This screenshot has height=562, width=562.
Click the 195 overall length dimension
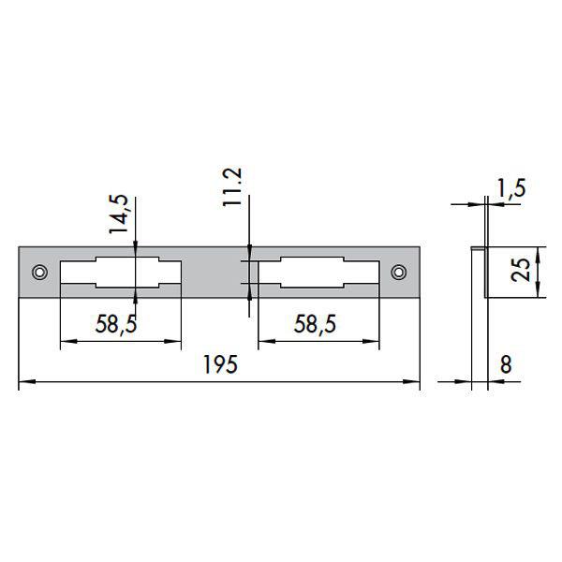[x=220, y=366]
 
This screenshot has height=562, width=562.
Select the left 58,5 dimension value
[x=119, y=325]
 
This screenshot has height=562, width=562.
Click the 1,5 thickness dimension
[x=511, y=187]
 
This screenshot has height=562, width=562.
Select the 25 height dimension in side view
[x=525, y=272]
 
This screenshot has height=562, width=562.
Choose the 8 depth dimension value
[x=506, y=365]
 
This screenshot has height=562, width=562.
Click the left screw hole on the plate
[x=39, y=273]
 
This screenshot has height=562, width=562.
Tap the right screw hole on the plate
[x=399, y=273]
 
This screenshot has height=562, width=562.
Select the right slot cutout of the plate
[x=318, y=273]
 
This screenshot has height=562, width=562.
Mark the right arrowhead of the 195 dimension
[x=415, y=382]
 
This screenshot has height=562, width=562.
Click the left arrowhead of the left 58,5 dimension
[x=65, y=343]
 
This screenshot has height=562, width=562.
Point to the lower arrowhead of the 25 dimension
[x=539, y=292]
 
